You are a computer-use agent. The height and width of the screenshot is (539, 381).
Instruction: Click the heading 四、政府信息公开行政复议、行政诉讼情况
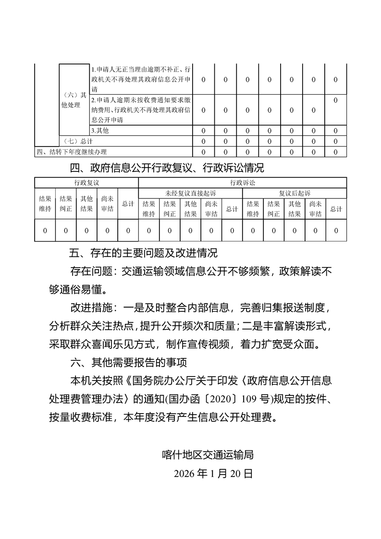pos(167,168)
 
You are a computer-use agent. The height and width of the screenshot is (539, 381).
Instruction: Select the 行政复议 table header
pos(86,183)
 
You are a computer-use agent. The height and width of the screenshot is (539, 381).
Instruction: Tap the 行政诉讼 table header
pos(243,183)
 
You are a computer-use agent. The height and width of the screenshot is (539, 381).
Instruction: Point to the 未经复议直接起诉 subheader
pos(190,193)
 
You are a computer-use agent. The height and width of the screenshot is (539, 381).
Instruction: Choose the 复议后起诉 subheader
pos(295,193)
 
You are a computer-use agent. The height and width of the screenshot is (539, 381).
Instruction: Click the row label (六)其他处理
pos(74,100)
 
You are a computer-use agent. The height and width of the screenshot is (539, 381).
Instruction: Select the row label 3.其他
pos(97,130)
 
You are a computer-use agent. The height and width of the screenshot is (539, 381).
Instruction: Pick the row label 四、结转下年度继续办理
pos(72,152)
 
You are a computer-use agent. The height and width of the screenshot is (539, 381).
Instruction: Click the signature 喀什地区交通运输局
pos(208,454)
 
